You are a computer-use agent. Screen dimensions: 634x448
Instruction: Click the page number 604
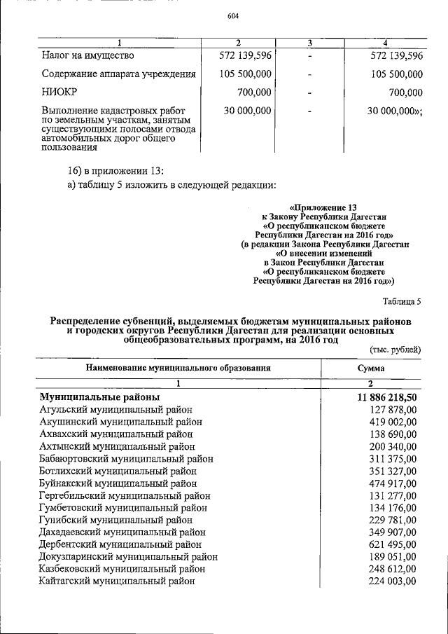click(234, 18)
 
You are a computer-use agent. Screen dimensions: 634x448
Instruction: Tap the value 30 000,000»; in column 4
click(395, 111)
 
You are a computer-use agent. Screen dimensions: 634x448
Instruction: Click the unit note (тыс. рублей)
click(395, 348)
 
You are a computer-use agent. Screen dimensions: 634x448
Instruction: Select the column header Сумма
click(370, 367)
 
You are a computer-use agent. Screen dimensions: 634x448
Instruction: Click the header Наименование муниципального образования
click(178, 367)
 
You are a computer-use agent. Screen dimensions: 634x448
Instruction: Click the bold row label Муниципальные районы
click(100, 397)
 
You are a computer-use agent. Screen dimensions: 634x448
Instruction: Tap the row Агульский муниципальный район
click(116, 409)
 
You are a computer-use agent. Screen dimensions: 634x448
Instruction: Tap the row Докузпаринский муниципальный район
click(129, 556)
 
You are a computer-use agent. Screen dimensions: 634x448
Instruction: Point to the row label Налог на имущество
click(87, 55)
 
